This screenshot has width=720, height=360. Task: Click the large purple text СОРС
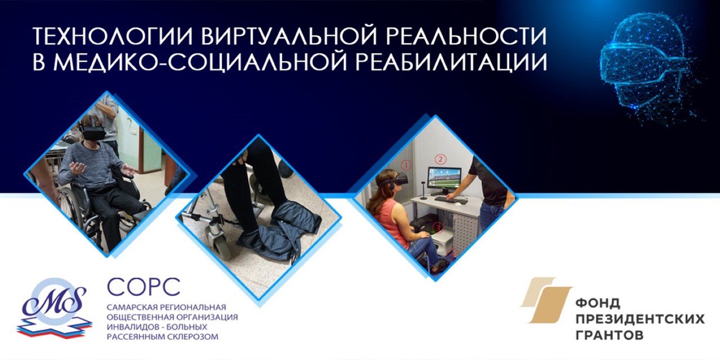click(x=143, y=287)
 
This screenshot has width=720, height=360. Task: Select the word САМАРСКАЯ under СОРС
click(x=130, y=307)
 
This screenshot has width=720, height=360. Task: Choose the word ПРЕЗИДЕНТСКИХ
click(x=640, y=319)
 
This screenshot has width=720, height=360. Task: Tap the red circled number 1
click(x=407, y=165)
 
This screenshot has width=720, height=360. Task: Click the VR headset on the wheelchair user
click(x=92, y=133)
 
